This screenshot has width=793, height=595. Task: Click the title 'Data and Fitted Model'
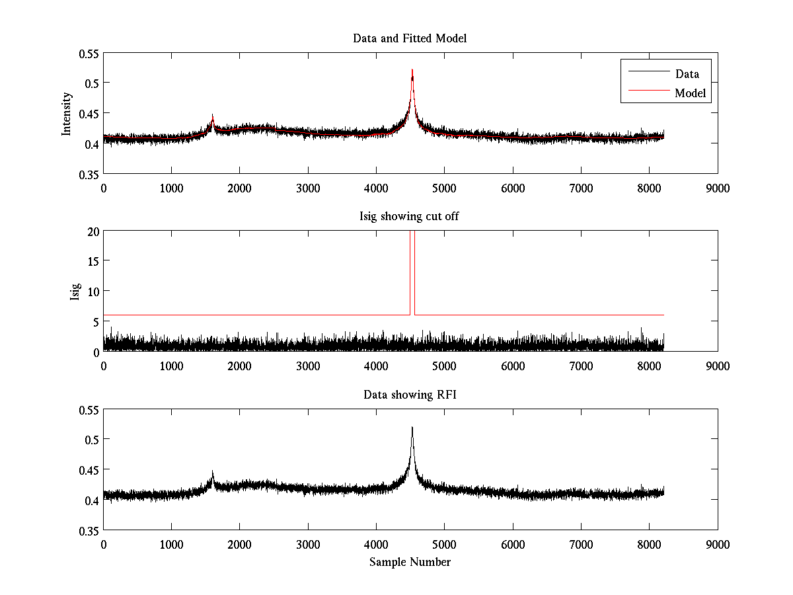[x=410, y=38]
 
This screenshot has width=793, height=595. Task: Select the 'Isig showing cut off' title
[x=410, y=217]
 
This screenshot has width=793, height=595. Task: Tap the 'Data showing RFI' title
[x=410, y=395]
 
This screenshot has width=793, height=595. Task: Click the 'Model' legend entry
[x=691, y=93]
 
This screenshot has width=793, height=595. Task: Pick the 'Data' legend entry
[x=687, y=74]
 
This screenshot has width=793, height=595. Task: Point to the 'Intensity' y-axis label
[x=66, y=113]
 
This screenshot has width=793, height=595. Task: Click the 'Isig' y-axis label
[x=75, y=292]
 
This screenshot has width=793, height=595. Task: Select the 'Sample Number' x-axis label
[x=410, y=562]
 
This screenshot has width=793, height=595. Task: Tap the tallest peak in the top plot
[x=412, y=70]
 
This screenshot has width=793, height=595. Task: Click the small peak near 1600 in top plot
[x=213, y=116]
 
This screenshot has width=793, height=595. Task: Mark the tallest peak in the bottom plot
[x=412, y=428]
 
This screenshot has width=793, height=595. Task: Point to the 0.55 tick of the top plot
[x=89, y=53]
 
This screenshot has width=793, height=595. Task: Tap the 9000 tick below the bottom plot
[x=718, y=544]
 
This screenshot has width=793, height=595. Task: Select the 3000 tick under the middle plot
[x=308, y=366]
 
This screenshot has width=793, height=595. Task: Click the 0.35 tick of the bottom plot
[x=89, y=530]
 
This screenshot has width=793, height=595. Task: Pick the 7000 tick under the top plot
[x=581, y=188]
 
